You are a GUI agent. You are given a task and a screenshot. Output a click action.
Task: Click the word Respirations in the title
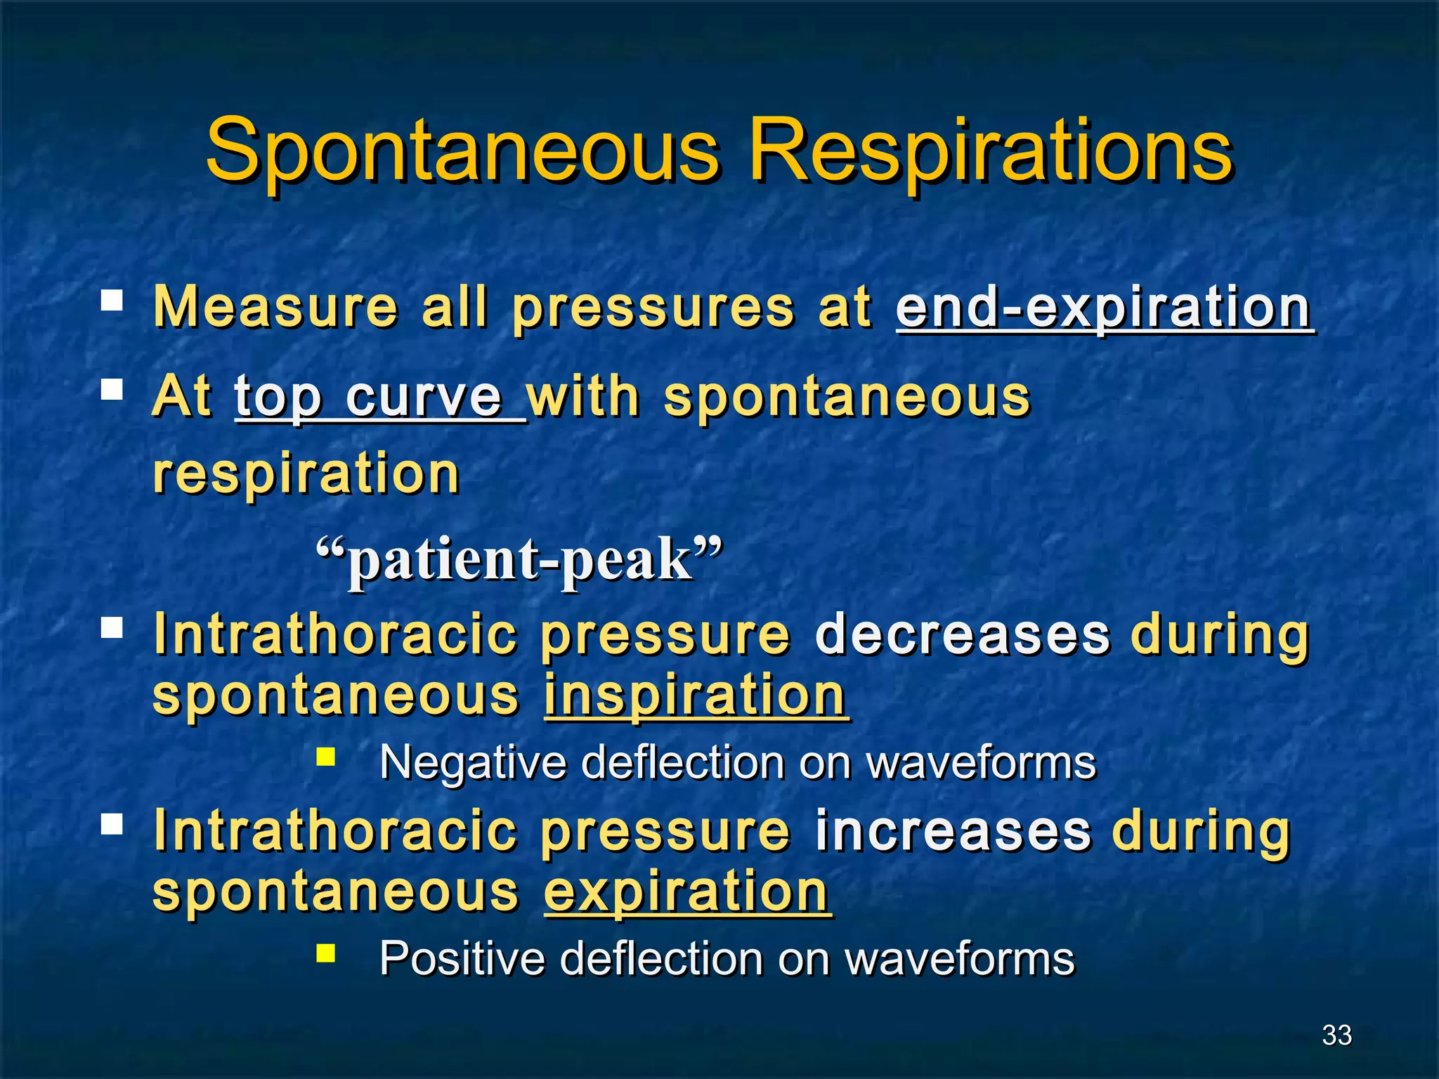[x=991, y=151]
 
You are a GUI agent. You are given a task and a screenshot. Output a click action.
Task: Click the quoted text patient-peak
[x=520, y=560]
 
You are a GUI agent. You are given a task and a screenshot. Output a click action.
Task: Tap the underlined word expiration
[x=686, y=891]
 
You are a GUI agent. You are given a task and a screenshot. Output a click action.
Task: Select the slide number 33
[x=1336, y=1035]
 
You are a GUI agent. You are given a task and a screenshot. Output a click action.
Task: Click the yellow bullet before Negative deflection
[x=325, y=757]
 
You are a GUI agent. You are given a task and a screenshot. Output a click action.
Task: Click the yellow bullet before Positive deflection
[x=325, y=953]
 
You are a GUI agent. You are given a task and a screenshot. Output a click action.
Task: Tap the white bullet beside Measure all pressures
[x=112, y=301]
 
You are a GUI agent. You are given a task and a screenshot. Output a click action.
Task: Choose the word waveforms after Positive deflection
[x=960, y=958]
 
